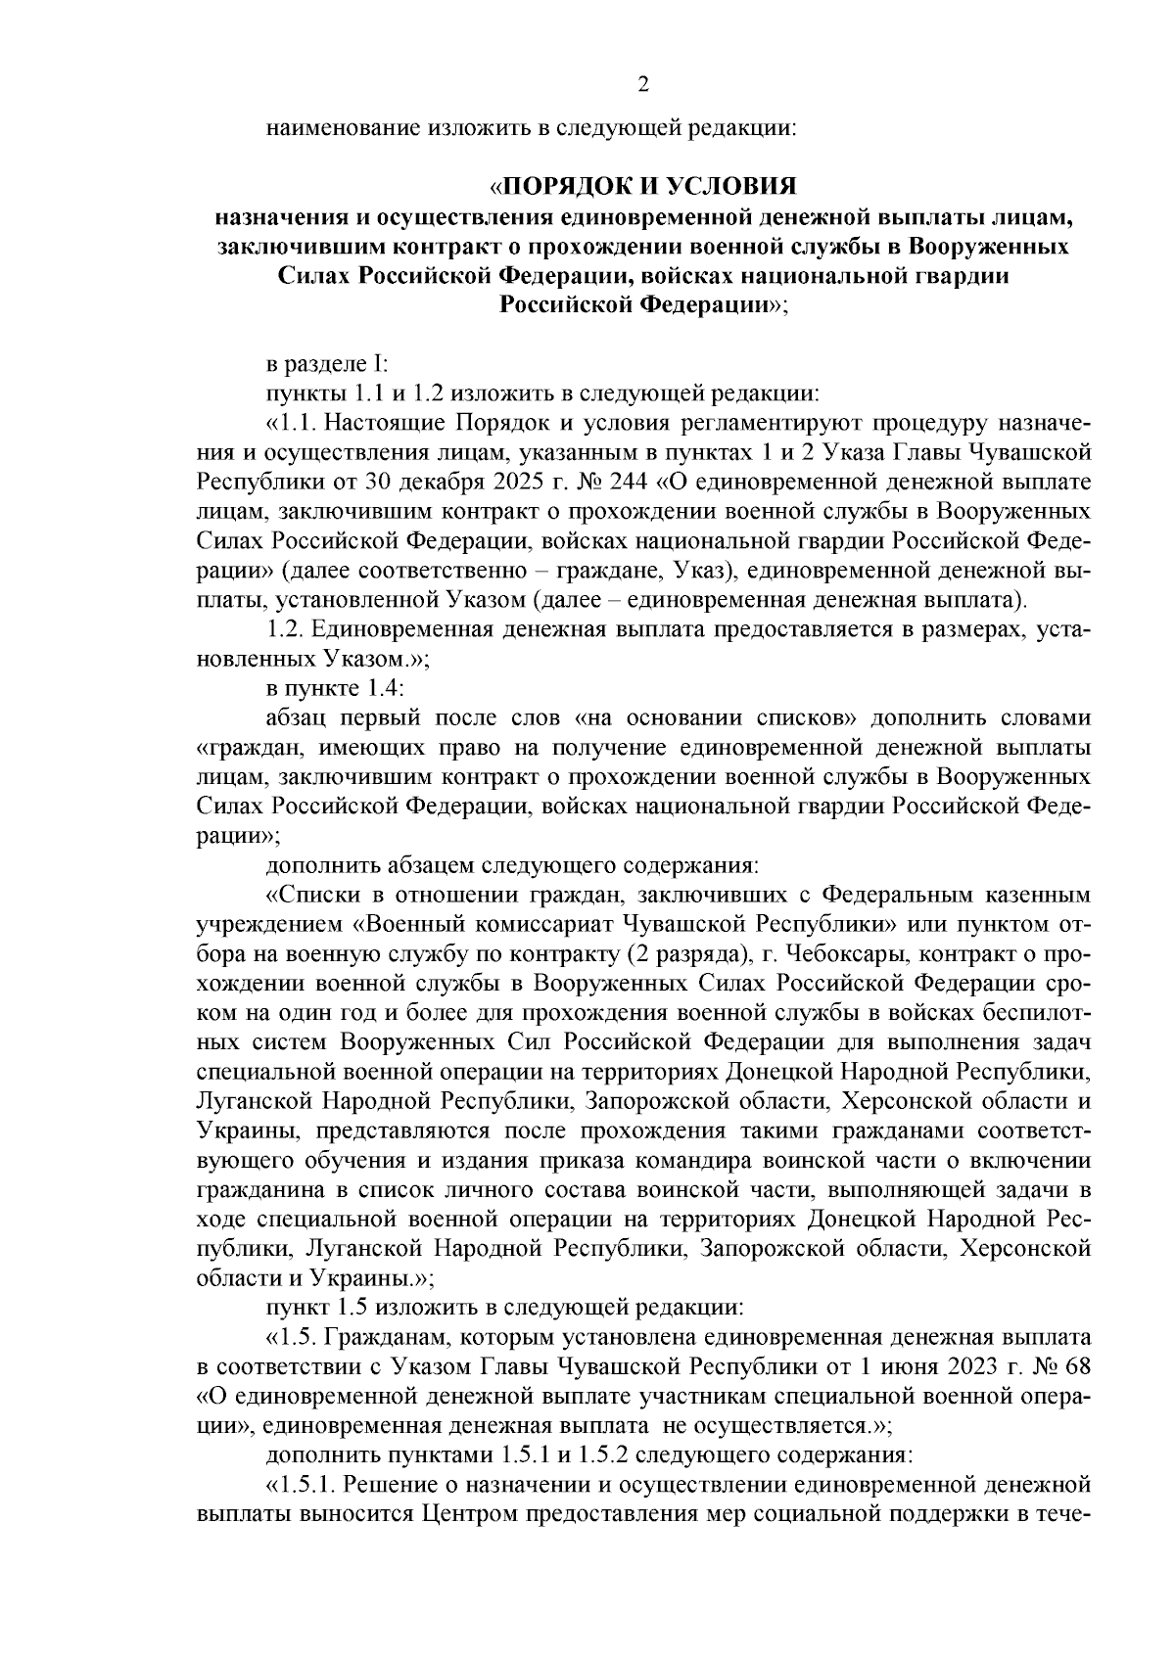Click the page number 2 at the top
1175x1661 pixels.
(643, 85)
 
